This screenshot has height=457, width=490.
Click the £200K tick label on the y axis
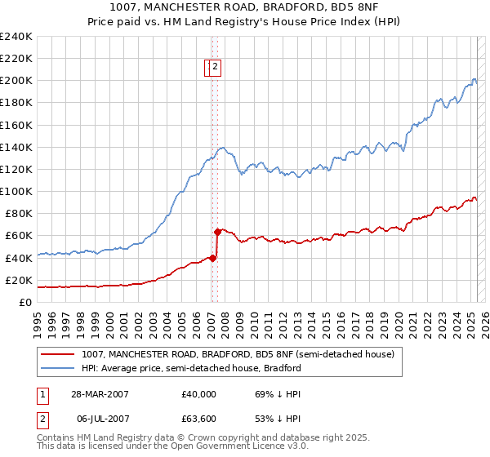(x=16, y=81)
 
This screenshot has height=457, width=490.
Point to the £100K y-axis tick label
(x=16, y=191)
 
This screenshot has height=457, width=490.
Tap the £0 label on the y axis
(x=26, y=302)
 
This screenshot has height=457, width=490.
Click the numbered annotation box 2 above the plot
(x=214, y=68)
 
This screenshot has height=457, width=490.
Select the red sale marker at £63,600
(x=217, y=232)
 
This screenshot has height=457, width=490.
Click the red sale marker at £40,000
(x=213, y=258)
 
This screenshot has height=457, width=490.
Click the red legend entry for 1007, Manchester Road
(x=238, y=354)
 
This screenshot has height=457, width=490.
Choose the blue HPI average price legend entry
(x=191, y=368)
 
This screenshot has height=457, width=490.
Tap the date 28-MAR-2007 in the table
(x=99, y=393)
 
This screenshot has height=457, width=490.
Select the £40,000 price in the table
(x=199, y=393)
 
